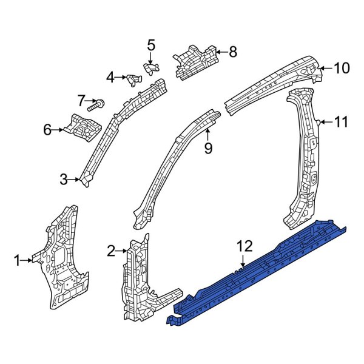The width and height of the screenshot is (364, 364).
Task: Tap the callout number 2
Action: [x=110, y=250]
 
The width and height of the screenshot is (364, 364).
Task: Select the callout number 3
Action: [x=64, y=179]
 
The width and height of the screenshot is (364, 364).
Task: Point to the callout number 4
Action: [x=110, y=77]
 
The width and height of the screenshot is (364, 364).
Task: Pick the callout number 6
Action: [x=47, y=129]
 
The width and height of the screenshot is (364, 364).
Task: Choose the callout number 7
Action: [x=81, y=100]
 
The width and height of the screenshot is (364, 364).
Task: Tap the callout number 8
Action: [x=233, y=52]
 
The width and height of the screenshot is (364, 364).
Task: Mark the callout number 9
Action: [x=208, y=147]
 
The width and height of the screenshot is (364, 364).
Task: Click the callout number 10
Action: [x=342, y=68]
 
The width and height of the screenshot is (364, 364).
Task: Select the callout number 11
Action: [x=342, y=122]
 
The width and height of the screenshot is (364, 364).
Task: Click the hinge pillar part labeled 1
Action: [x=61, y=261]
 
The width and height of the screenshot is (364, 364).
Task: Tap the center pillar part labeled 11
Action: [x=306, y=158]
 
